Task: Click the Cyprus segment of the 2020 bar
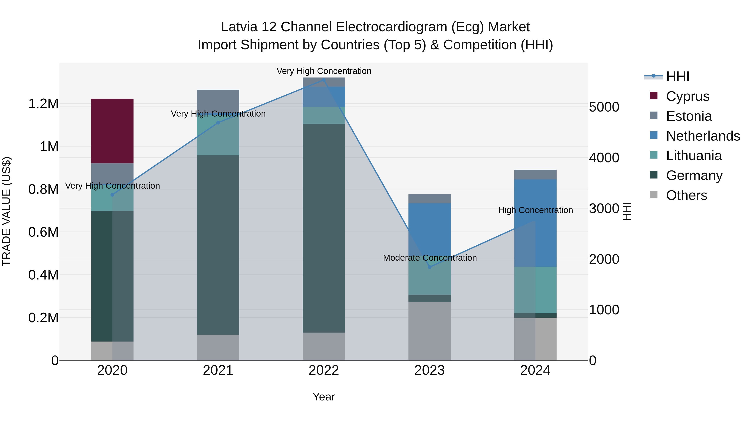[x=112, y=131]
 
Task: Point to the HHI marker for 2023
[x=430, y=267]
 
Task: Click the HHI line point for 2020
[x=112, y=195]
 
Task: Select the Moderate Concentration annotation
[x=430, y=258]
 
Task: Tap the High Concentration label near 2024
[x=535, y=210]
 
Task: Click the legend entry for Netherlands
[x=703, y=136]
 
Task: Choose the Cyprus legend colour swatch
[x=654, y=96]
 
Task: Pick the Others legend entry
[x=686, y=195]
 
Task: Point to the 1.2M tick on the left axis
[x=43, y=104]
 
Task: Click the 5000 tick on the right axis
[x=604, y=107]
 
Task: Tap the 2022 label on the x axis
[x=324, y=370]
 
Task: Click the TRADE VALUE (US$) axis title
[x=6, y=211]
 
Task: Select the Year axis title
[x=324, y=397]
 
